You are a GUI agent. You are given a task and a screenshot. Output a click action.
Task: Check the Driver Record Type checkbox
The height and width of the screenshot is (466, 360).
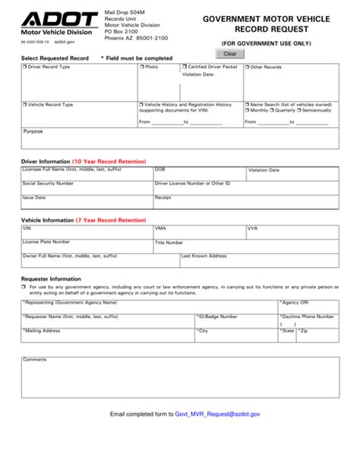(x=25, y=68)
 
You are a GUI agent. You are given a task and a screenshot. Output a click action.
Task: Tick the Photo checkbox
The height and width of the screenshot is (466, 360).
(x=142, y=68)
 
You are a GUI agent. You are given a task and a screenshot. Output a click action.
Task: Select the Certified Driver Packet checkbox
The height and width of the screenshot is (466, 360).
(x=185, y=68)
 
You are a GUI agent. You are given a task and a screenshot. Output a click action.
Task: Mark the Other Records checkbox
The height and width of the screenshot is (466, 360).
(x=247, y=68)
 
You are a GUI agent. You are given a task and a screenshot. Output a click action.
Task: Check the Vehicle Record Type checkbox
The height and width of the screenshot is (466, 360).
(x=25, y=104)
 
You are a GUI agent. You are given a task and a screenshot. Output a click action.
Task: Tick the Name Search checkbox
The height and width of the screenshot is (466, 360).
(x=247, y=104)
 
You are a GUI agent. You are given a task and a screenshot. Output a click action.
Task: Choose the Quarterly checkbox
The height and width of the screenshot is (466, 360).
(x=273, y=111)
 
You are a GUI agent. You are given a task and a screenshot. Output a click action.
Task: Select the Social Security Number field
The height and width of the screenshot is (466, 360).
(x=86, y=187)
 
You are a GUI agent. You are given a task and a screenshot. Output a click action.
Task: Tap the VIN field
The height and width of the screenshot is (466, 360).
(x=86, y=232)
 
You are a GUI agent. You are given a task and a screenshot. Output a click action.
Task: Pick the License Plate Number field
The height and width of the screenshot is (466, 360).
(x=86, y=245)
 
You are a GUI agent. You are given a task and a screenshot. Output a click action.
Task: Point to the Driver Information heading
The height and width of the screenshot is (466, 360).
(x=45, y=162)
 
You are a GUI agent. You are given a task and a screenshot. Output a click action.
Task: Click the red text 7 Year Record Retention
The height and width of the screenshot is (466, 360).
(x=110, y=220)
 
